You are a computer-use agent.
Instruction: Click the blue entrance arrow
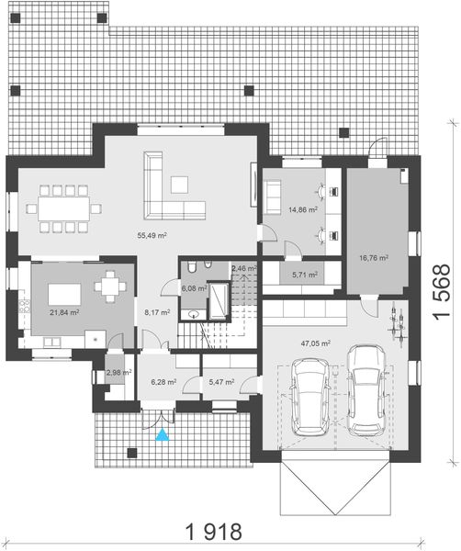pos(163,436)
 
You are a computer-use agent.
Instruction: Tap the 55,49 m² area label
pos(152,236)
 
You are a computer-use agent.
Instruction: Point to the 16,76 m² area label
pos(373,259)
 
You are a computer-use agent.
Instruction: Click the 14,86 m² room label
pos(303,209)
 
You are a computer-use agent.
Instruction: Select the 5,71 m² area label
pos(304,275)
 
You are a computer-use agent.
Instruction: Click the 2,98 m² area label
pos(118,373)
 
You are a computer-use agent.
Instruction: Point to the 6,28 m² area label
pos(163,381)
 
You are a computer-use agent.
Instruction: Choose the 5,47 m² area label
pos(221,381)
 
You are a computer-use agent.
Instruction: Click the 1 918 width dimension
pos(214,531)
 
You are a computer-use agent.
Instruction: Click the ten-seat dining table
pos(65,208)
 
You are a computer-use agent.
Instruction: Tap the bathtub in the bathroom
pos(220,300)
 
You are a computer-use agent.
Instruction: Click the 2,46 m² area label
pos(243,268)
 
